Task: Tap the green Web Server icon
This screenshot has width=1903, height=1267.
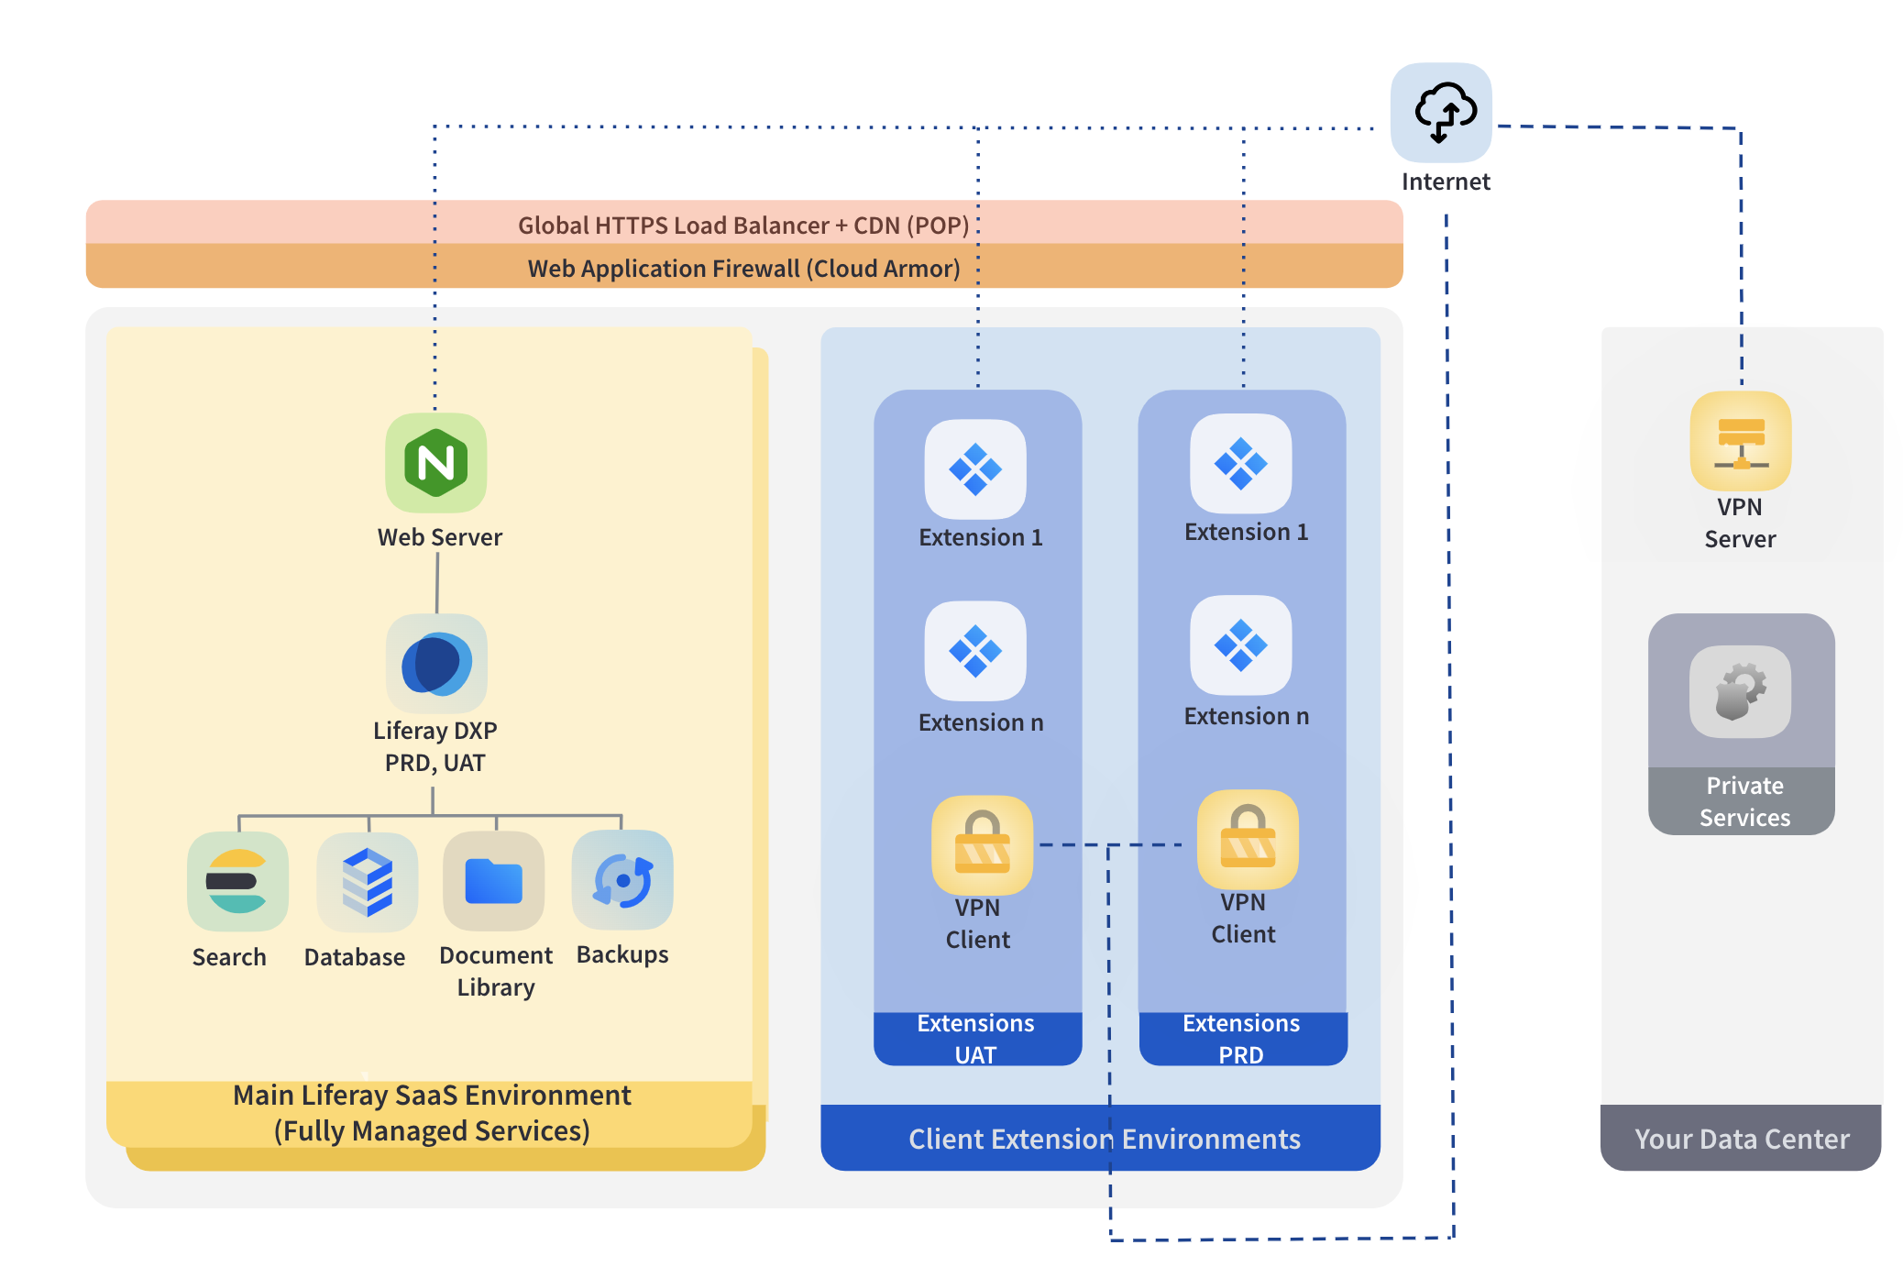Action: pos(435,462)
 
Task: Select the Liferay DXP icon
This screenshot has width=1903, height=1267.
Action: pos(436,664)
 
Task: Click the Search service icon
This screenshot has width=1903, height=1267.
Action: pos(237,881)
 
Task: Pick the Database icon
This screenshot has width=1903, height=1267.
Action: pos(367,881)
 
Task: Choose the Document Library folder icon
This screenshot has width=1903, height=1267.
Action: pos(493,881)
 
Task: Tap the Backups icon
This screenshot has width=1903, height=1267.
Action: pos(622,880)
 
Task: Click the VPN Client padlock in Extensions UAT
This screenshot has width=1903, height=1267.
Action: pos(982,844)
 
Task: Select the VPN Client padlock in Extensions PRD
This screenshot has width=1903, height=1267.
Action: pos(1248,839)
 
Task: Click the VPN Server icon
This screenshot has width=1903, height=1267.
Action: pos(1740,441)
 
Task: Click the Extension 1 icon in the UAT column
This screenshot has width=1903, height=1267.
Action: pos(975,469)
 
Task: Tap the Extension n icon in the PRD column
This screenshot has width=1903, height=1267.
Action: pos(1240,645)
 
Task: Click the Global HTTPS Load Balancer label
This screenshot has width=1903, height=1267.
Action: pos(743,225)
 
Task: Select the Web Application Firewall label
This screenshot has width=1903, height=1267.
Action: pos(743,268)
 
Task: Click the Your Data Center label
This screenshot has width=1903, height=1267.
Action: pos(1742,1139)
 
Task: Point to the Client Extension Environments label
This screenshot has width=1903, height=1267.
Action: pos(1104,1139)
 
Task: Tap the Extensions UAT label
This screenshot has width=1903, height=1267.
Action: pos(976,1039)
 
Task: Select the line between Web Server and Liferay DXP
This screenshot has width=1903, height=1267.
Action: pos(437,583)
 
